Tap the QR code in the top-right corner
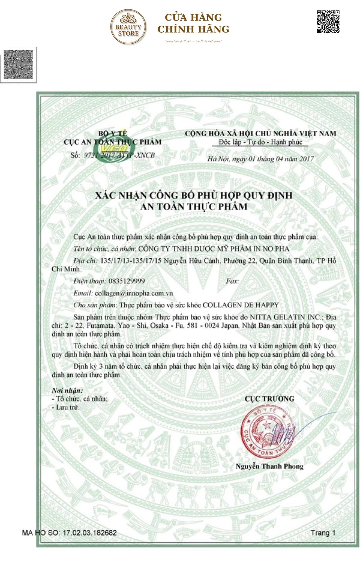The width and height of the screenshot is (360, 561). tap(328, 22)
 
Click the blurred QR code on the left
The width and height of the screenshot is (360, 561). tap(18, 64)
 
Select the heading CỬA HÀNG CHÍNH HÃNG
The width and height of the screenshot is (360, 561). tap(193, 23)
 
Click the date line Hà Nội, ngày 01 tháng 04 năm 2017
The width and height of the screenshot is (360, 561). tap(260, 159)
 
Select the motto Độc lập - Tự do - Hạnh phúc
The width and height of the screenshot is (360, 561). tap(260, 142)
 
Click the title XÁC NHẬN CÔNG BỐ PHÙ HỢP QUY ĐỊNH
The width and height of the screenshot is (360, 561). tap(194, 195)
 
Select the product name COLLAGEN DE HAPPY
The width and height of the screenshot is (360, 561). tap(241, 305)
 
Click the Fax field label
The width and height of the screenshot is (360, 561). tap(232, 281)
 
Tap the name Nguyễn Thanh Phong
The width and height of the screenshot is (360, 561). tap(269, 466)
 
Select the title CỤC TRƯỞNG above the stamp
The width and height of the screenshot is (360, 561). tap(269, 399)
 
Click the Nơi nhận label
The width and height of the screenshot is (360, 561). tap(67, 391)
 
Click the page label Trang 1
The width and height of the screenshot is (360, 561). tap(323, 533)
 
